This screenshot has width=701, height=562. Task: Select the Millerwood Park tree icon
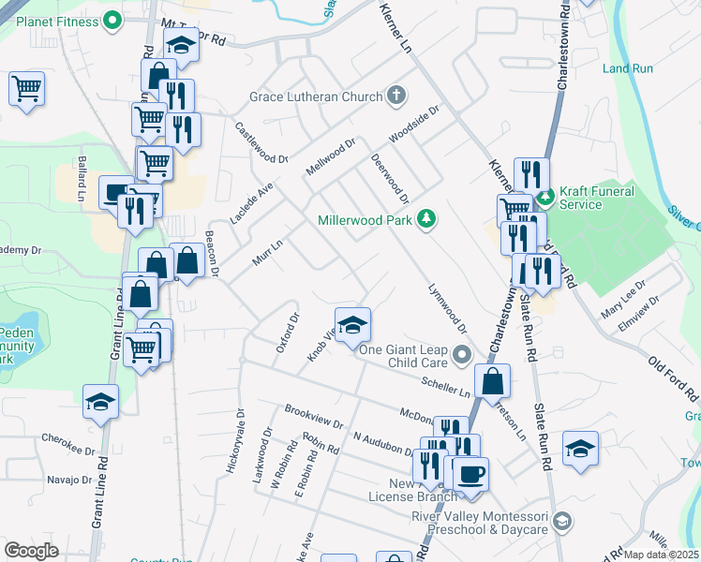tap(427, 219)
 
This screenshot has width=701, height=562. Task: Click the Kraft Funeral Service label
tap(597, 198)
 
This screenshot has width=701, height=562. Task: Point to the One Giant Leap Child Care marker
tap(461, 356)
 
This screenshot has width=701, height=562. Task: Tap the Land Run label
tap(627, 68)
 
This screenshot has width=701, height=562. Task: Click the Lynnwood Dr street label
tap(447, 309)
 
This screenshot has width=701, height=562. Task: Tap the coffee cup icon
tap(470, 472)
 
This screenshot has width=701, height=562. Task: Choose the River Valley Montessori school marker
tap(562, 521)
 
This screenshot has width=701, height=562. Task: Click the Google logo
tap(31, 551)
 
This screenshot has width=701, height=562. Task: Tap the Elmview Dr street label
tap(642, 312)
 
